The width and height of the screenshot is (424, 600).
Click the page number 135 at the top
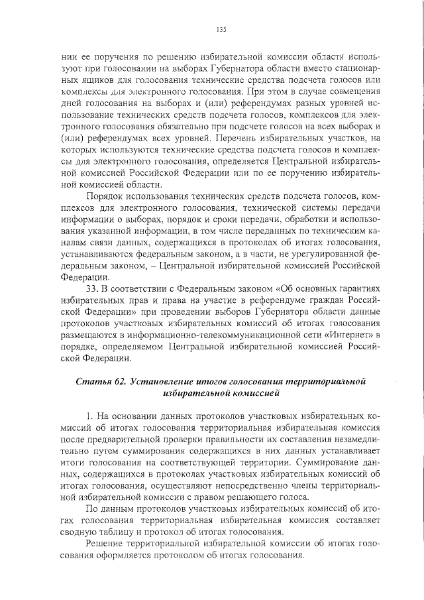[x=221, y=29]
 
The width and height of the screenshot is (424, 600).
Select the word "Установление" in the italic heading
[x=160, y=381]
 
